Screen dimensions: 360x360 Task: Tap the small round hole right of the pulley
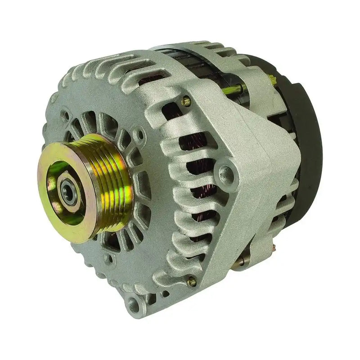coord(142,134)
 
